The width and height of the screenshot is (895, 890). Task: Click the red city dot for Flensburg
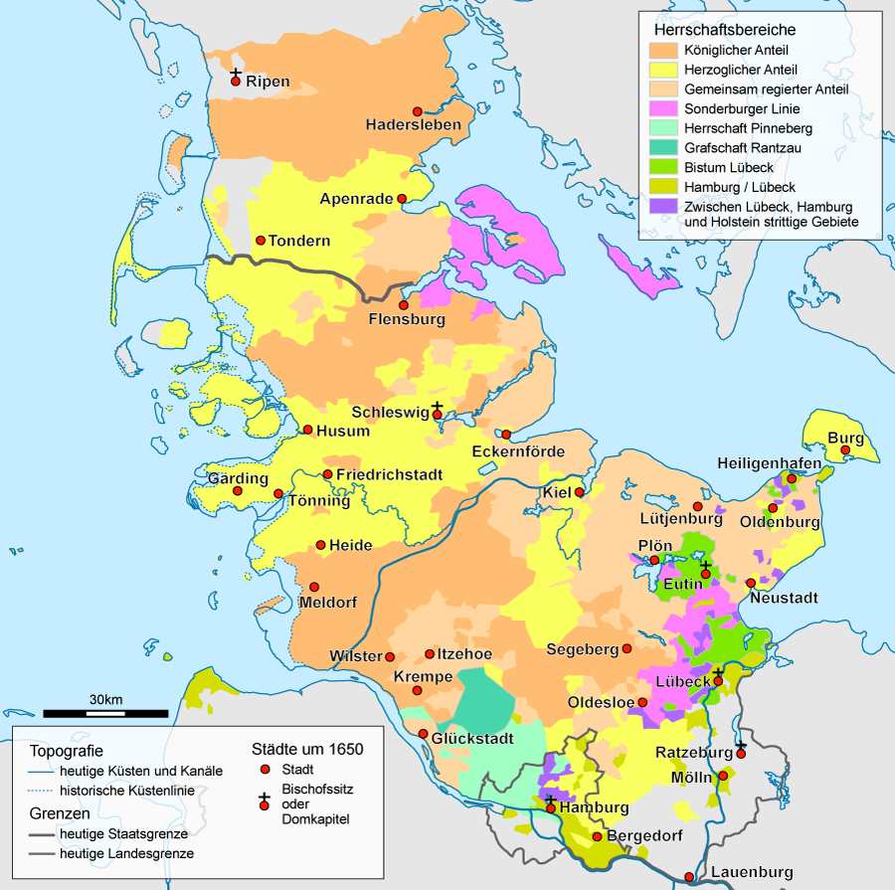pos(404,305)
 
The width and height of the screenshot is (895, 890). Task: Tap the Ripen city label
pos(268,82)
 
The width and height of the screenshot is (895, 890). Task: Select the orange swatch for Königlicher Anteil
pos(663,50)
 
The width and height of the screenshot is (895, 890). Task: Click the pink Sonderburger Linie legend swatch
pos(663,108)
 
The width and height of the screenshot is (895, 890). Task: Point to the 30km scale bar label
pos(104,700)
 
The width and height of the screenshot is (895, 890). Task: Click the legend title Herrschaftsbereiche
pos(718,30)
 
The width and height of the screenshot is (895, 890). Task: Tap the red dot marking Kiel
pos(582,490)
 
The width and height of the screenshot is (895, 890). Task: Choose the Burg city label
pos(845,439)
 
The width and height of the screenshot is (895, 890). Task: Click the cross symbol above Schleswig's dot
pos(437,406)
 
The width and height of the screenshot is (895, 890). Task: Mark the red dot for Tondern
pos(261,240)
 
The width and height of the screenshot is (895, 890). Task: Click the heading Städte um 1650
pos(306,749)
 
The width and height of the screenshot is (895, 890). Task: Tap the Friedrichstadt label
pos(389,475)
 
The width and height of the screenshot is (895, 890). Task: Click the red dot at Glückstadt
pos(424,735)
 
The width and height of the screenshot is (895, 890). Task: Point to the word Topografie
pos(67,750)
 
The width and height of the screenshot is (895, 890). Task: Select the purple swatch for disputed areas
pos(663,206)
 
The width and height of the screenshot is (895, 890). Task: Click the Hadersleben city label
pos(413,125)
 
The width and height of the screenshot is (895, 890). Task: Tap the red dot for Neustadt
pos(750,583)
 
